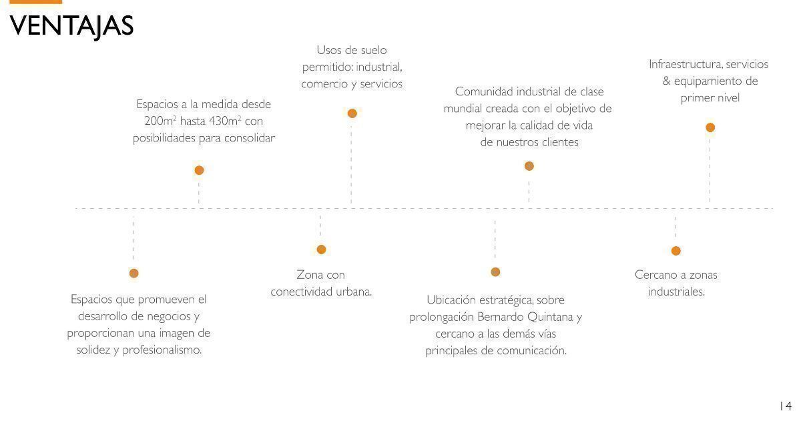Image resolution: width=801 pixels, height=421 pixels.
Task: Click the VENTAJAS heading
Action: click(x=71, y=27)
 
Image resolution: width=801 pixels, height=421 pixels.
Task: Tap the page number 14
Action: click(x=786, y=406)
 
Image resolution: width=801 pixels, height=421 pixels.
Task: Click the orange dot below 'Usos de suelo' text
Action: click(x=352, y=113)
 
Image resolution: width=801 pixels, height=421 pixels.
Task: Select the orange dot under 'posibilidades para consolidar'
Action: click(x=199, y=170)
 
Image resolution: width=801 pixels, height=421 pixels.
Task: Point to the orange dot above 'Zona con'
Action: click(x=321, y=250)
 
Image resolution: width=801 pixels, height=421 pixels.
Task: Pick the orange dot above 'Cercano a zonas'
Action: click(x=676, y=251)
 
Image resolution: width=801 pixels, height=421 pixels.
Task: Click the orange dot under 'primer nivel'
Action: click(x=710, y=127)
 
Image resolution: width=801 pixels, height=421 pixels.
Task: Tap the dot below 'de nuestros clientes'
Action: click(x=529, y=166)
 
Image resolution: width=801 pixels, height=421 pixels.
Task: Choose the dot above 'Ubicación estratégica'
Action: click(x=495, y=272)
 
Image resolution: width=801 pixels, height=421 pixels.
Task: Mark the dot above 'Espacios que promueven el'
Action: click(x=133, y=274)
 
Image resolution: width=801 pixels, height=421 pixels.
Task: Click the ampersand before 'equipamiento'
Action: click(x=667, y=81)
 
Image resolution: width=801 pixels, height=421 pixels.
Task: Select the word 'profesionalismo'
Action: click(x=162, y=350)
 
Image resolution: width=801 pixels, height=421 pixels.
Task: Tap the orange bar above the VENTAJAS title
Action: click(x=36, y=2)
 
